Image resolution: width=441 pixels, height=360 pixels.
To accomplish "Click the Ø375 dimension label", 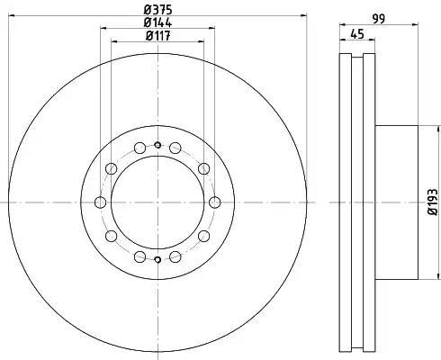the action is (x=157, y=10).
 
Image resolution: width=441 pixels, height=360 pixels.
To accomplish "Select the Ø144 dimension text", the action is (x=157, y=22).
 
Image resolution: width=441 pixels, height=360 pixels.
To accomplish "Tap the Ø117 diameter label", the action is (x=158, y=36).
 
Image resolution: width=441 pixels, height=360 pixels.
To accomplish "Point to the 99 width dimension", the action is (x=379, y=19).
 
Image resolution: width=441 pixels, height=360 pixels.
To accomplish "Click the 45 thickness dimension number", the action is (x=357, y=34).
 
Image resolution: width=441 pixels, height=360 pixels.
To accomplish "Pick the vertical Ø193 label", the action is (x=433, y=202).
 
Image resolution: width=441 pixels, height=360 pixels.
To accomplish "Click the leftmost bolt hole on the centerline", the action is (x=100, y=202).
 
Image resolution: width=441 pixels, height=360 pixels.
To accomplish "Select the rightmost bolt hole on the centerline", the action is (x=214, y=202).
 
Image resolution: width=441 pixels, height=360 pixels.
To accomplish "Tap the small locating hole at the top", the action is (x=157, y=146).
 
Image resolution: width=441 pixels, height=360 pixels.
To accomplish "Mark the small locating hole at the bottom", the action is (x=157, y=259).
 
